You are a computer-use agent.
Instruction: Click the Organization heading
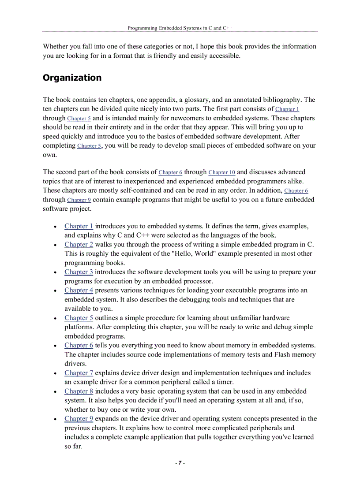pos(72,78)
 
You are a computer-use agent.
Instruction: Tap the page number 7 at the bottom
pos(180,463)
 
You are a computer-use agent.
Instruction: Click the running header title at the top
pos(180,28)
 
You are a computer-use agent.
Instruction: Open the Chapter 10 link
pos(221,172)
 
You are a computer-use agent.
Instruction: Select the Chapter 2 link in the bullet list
pos(79,244)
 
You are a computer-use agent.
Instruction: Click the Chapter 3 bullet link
pos(79,272)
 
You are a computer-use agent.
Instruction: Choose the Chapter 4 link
pos(79,290)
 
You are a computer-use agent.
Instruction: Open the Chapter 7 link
pos(79,373)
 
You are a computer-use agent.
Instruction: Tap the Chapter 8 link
pos(79,391)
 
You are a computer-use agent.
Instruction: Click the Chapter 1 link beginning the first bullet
pos(79,226)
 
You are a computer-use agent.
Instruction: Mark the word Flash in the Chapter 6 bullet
pos(271,354)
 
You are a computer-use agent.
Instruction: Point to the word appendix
pos(163,100)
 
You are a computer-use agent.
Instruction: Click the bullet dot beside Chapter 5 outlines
pos(54,318)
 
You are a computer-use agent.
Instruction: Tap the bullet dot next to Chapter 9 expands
pos(54,419)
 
